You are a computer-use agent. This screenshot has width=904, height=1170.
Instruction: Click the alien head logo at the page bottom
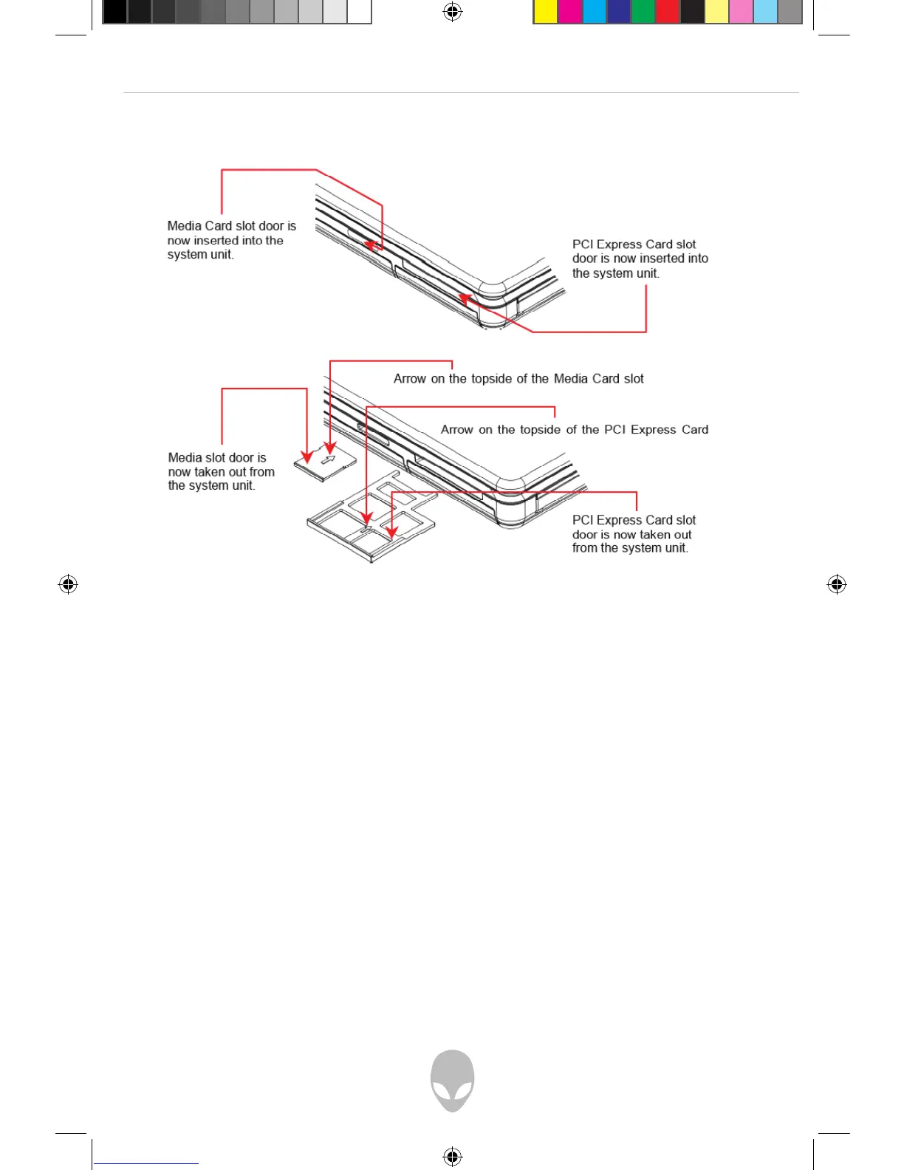click(452, 1080)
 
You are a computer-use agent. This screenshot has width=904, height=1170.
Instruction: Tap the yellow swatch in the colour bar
click(545, 13)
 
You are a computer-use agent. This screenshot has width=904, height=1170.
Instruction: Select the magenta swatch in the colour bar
click(569, 13)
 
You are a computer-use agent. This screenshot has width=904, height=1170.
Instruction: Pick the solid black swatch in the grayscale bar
click(114, 13)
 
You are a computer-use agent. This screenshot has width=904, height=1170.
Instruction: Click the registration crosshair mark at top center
click(453, 12)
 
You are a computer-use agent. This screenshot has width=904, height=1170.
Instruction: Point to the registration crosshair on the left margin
click(68, 584)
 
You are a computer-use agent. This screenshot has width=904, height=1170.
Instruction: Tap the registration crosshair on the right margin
click(836, 584)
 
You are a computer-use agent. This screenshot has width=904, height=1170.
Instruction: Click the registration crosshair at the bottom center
click(453, 1156)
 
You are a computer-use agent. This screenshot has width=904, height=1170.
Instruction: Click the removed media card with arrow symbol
click(326, 463)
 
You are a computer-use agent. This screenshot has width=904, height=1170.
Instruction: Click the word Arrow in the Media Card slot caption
click(409, 379)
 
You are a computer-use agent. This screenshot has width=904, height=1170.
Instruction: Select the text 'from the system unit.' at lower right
click(630, 548)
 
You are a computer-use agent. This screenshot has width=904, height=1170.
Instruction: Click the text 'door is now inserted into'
click(640, 259)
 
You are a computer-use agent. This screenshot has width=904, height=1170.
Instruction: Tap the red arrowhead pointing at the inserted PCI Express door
click(464, 298)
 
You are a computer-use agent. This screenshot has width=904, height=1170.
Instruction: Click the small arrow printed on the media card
click(328, 459)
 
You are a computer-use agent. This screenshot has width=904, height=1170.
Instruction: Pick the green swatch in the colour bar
click(643, 13)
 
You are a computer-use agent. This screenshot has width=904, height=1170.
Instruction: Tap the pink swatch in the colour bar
click(740, 13)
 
